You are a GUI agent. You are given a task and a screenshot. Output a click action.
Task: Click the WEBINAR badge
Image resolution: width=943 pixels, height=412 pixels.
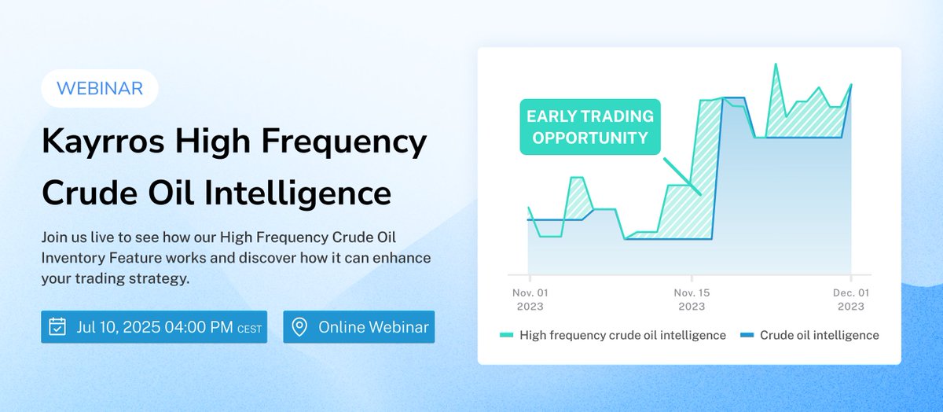click(x=99, y=88)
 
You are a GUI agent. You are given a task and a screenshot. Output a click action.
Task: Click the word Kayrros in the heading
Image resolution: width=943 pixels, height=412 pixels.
click(x=102, y=142)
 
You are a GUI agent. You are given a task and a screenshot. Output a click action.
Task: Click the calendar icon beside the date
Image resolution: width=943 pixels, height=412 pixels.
click(x=57, y=327)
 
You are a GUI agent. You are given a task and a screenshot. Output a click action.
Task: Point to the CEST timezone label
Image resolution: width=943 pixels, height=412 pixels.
click(x=249, y=329)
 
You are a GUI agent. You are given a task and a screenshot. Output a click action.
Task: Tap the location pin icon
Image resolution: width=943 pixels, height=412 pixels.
click(x=299, y=327)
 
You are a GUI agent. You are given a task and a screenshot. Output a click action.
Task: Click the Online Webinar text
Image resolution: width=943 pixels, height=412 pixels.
click(x=373, y=327)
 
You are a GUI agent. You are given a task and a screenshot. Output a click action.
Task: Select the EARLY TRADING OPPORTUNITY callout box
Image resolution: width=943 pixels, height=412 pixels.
click(x=590, y=127)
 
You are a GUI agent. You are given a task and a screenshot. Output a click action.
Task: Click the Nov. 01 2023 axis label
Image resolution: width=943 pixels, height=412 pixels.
click(x=530, y=300)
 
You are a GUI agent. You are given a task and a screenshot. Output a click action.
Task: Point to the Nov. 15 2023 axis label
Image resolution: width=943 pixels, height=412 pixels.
click(x=692, y=300)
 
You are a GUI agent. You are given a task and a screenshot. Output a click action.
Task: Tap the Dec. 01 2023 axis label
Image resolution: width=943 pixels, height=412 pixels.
click(x=850, y=300)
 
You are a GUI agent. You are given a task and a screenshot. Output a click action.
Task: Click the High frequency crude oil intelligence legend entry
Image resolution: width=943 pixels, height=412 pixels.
click(x=622, y=335)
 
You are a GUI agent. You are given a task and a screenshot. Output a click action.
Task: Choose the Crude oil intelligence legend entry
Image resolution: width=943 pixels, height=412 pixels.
click(x=819, y=335)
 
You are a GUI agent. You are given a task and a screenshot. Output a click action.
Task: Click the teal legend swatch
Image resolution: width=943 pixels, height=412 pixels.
click(x=507, y=336)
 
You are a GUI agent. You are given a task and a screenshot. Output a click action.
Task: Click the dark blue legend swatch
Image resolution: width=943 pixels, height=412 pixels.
click(x=747, y=336)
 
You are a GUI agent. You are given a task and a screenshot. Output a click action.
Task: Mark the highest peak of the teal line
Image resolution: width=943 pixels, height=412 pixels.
click(x=776, y=64)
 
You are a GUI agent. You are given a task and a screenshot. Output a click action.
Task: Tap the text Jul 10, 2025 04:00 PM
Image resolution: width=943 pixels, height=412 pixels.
click(x=155, y=327)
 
